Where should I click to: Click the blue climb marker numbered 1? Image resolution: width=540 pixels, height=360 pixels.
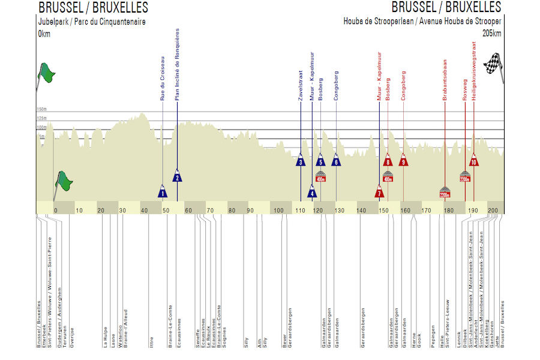pyautogui.click(x=163, y=191)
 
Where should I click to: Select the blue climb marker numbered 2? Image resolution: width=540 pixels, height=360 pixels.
pyautogui.click(x=177, y=175)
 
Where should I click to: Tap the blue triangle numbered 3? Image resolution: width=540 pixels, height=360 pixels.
pyautogui.click(x=301, y=161)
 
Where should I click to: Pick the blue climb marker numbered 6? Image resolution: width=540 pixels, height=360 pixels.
pyautogui.click(x=336, y=161)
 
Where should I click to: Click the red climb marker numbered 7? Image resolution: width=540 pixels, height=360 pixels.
pyautogui.click(x=379, y=192)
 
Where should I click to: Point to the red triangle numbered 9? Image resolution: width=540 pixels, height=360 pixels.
pyautogui.click(x=403, y=161)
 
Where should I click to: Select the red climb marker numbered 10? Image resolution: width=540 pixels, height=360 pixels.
pyautogui.click(x=474, y=161)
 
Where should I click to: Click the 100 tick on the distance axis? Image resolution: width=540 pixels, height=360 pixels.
pyautogui.click(x=278, y=211)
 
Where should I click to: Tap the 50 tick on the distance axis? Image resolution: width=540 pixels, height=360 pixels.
pyautogui.click(x=166, y=211)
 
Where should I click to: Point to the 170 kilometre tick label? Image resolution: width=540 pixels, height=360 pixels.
pyautogui.click(x=426, y=211)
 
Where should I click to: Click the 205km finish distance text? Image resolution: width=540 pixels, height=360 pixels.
pyautogui.click(x=491, y=33)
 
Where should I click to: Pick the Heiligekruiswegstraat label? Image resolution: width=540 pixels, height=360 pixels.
pyautogui.click(x=474, y=66)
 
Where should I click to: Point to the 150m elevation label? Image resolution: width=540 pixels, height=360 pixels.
pyautogui.click(x=42, y=110)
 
